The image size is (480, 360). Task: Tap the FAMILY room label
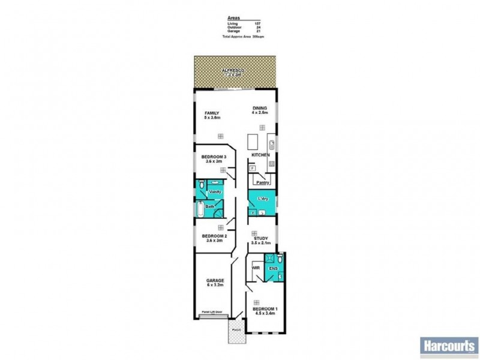tap(212, 113)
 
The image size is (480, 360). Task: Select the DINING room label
tap(259, 108)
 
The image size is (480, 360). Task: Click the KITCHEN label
tap(260, 155)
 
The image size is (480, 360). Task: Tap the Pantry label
tap(262, 182)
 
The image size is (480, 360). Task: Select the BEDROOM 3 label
tap(213, 157)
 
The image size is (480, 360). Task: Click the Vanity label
tap(215, 191)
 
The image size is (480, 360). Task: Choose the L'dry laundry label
tap(262, 199)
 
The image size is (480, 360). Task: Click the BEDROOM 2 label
tap(213, 236)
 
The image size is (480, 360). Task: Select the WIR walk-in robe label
tap(255, 268)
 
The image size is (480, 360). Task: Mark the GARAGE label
tap(215, 281)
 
